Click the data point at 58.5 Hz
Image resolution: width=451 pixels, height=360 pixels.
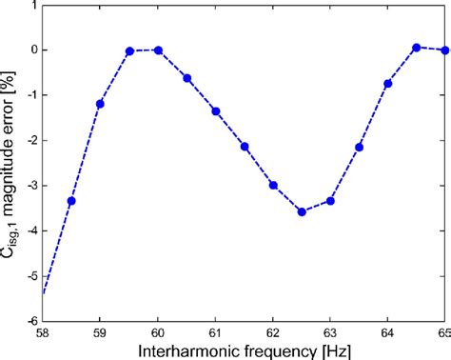tap(71, 201)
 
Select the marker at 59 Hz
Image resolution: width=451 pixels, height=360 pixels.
tap(100, 103)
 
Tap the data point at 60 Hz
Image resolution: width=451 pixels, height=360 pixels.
tap(158, 50)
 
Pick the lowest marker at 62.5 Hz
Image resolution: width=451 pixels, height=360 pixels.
tap(302, 211)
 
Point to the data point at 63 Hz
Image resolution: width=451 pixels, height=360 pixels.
tap(330, 201)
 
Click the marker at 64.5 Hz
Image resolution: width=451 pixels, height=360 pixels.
tap(416, 47)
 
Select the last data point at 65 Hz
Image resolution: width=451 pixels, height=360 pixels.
tap(444, 50)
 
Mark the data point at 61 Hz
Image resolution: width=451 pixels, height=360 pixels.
tap(216, 111)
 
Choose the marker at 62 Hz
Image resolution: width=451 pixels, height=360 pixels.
tap(273, 185)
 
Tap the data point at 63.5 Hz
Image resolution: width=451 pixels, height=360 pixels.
tap(359, 147)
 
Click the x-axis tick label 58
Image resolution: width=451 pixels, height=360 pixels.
tap(44, 332)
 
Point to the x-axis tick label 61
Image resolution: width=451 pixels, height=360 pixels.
tap(216, 332)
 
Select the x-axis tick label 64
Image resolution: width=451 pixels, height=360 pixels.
tap(387, 332)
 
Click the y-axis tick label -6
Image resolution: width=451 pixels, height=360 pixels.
tap(30, 322)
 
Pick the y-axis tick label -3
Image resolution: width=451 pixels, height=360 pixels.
tap(30, 186)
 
